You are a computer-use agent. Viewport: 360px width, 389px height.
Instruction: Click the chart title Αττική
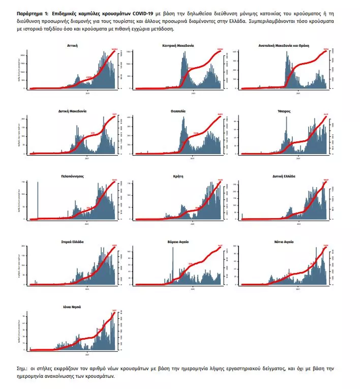pyautogui.click(x=72, y=45)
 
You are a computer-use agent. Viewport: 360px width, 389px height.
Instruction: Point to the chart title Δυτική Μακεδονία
pyautogui.click(x=72, y=110)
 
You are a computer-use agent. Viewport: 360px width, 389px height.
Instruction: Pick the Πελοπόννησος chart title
pyautogui.click(x=72, y=176)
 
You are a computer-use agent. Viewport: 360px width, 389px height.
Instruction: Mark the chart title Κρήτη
pyautogui.click(x=177, y=176)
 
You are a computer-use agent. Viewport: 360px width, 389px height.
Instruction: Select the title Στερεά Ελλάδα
pyautogui.click(x=72, y=242)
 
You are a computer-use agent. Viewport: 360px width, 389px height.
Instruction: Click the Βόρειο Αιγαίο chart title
pyautogui.click(x=177, y=242)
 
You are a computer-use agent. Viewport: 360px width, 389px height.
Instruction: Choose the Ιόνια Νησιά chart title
pyautogui.click(x=72, y=307)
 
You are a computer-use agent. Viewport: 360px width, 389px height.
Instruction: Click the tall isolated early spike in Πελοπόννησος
pyautogui.click(x=38, y=201)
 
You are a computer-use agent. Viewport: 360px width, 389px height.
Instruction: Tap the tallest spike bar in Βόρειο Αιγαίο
pyautogui.click(x=172, y=264)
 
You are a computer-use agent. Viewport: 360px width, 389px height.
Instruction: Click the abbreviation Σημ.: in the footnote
pyautogui.click(x=23, y=367)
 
